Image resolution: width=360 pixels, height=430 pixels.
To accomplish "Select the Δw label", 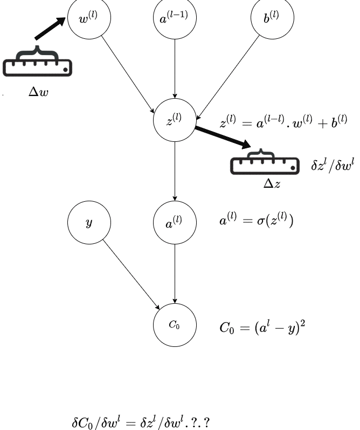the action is tap(38, 92).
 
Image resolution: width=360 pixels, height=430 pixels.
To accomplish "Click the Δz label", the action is tap(272, 183).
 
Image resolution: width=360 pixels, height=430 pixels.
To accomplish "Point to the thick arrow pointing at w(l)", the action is tap(50, 28).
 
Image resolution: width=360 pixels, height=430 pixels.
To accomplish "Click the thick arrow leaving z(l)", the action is tap(223, 137).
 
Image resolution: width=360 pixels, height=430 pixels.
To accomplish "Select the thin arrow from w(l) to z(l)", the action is tap(128, 74).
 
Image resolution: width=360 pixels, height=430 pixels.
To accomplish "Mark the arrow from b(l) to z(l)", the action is tap(228, 77).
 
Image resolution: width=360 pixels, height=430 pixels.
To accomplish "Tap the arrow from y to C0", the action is tap(131, 275).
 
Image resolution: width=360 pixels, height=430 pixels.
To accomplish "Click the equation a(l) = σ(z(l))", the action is tap(257, 221).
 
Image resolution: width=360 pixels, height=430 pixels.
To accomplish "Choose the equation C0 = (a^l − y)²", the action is tap(262, 327).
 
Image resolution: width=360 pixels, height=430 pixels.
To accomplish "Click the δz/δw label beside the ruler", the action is tap(333, 165).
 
